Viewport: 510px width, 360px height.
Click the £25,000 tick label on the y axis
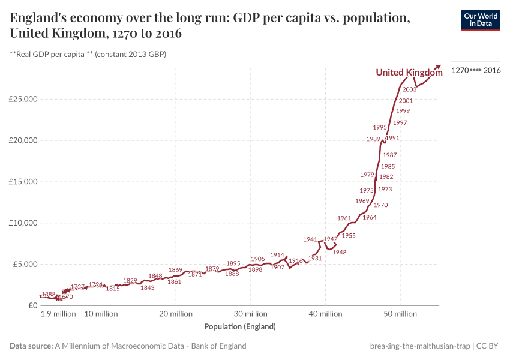(22, 99)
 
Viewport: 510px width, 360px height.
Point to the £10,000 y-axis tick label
(22, 223)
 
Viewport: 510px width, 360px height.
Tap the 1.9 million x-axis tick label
(58, 314)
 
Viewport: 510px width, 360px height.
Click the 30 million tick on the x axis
(251, 314)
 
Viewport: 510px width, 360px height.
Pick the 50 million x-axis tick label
(400, 314)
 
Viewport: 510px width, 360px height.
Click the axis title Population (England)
(240, 327)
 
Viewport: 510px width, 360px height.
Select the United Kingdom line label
(409, 73)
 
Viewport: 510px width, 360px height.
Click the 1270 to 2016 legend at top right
(476, 70)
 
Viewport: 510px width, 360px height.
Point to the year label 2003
(410, 89)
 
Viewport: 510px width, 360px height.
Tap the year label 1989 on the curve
(373, 139)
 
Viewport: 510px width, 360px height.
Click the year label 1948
(340, 253)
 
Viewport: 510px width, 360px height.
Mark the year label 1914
(277, 255)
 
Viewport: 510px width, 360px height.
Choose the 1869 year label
(175, 270)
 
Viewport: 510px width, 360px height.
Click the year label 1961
(344, 218)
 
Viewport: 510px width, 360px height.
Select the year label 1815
(113, 289)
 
